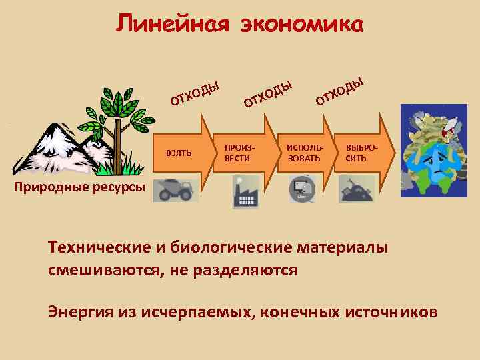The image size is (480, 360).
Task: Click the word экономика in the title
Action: point(297,25)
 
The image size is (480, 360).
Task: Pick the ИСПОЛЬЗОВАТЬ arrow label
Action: point(303,152)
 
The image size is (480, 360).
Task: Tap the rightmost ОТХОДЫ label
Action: point(340,91)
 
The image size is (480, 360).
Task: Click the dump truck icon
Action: point(175,190)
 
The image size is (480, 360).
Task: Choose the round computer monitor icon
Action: point(302,189)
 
